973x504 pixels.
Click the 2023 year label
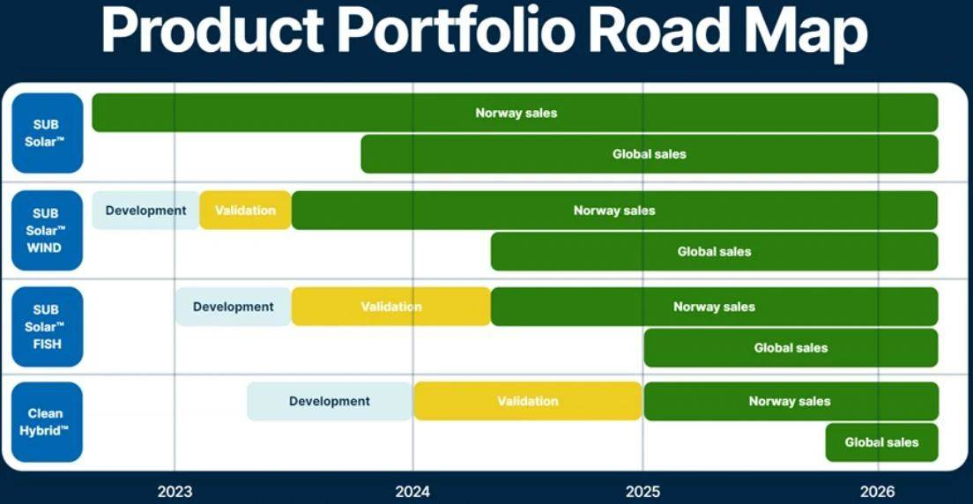175,493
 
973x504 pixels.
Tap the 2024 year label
412,493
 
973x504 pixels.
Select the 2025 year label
642,493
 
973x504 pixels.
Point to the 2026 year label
878,493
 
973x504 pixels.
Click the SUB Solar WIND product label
48,230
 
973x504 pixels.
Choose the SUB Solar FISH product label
48,327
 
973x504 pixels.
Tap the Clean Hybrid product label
48,422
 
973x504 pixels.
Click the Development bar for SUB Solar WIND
145,211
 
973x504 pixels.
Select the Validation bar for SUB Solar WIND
246,211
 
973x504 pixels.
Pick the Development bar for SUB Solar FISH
234,307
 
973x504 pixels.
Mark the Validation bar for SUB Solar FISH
391,307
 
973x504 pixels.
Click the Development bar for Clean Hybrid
331,402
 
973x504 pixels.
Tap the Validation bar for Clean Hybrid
528,402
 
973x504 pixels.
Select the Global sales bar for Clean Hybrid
881,442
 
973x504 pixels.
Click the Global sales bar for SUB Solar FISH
791,347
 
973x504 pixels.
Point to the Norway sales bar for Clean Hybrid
791,402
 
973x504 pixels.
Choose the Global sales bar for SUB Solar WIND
714,251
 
